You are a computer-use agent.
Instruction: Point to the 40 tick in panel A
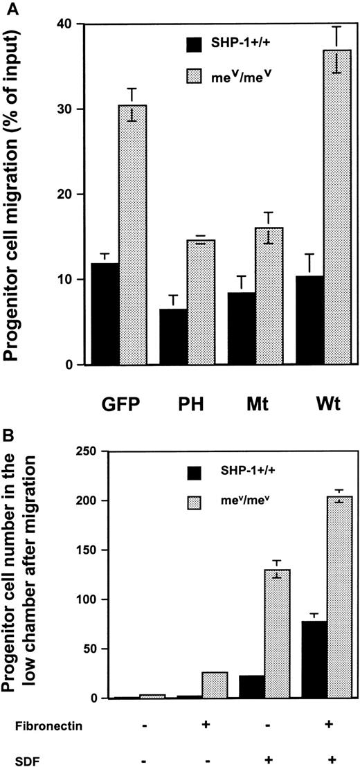pos(66,24)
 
